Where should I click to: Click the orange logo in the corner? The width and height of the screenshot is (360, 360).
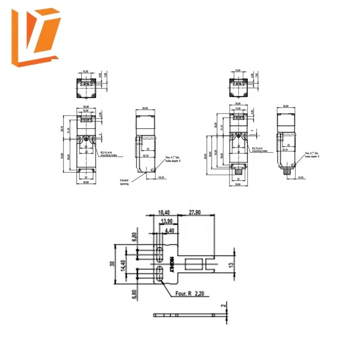(x=37, y=37)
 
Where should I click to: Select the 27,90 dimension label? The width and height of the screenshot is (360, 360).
(x=195, y=212)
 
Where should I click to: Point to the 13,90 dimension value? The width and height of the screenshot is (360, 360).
(x=167, y=221)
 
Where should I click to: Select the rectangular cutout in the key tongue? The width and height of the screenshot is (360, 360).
(x=193, y=264)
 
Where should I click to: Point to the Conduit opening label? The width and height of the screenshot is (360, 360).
(x=124, y=182)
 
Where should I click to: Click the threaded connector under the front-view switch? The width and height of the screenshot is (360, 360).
(x=238, y=171)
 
